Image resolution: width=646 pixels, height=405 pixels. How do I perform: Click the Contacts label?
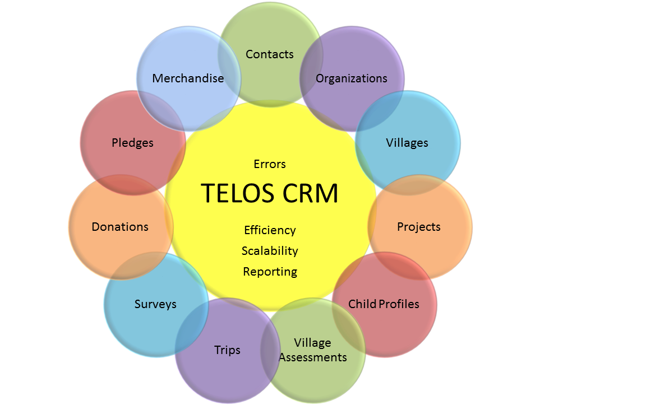[x=270, y=54]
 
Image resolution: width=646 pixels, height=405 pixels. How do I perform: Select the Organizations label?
[x=352, y=78]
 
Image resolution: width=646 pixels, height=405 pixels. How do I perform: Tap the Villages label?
[x=407, y=143]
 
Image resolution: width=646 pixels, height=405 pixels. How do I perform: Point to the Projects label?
[x=419, y=227]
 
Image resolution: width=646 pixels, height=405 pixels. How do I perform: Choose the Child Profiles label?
[x=384, y=304]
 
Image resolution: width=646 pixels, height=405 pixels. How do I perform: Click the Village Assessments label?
[x=313, y=350]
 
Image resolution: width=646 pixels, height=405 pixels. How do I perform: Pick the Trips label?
[x=227, y=350]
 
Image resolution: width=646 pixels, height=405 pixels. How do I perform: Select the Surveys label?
[x=155, y=304]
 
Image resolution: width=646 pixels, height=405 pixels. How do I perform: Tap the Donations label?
[x=120, y=227]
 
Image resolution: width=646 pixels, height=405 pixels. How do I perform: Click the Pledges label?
[x=132, y=143]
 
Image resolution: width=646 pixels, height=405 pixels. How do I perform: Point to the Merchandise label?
[x=188, y=78]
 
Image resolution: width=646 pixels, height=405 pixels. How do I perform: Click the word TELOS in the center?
[x=235, y=193]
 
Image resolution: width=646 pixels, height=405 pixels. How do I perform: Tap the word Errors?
[x=270, y=164]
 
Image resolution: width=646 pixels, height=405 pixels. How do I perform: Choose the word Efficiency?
[x=270, y=230]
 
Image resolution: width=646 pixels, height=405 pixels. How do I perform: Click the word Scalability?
[x=270, y=251]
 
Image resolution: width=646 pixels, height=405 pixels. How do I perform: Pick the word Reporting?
[x=270, y=272]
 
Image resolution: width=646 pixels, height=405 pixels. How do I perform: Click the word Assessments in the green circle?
[x=313, y=357]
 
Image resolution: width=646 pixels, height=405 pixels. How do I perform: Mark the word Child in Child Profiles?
[x=362, y=304]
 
